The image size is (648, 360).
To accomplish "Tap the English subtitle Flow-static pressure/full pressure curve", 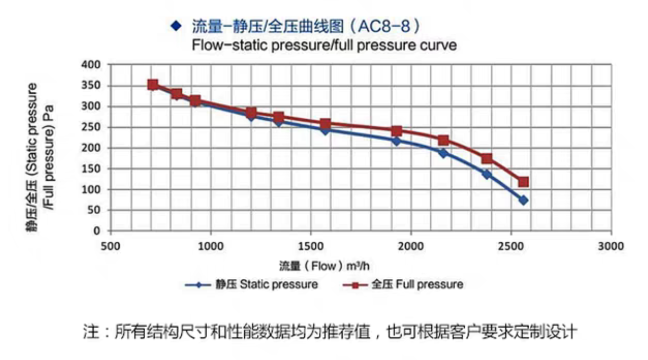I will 324,45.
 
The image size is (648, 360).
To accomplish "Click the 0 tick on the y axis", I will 97,231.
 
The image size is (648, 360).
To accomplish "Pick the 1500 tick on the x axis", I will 310,247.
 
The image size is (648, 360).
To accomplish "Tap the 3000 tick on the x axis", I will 611,247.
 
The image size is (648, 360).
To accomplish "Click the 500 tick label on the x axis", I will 110,247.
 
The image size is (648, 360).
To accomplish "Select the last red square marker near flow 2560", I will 523,182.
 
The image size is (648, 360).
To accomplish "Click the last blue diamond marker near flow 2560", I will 523,200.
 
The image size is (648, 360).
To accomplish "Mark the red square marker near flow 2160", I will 443,141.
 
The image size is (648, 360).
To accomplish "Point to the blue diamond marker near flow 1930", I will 396,141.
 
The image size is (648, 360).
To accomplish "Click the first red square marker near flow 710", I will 153,85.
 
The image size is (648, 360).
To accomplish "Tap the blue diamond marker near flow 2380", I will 486,174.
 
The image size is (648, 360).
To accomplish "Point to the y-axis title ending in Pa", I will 40,156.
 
